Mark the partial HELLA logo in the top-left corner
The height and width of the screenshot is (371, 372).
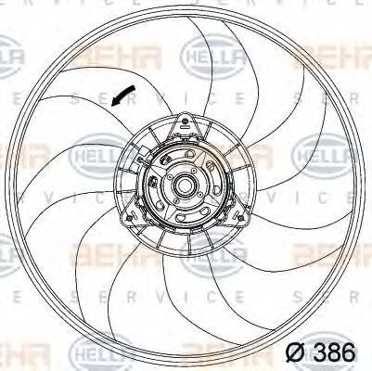pos(11,60)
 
